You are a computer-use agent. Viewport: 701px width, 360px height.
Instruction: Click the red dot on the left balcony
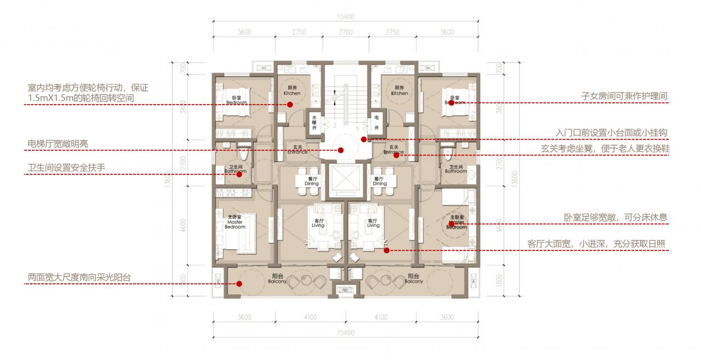click(x=239, y=283)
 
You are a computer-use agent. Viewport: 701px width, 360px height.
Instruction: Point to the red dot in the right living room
click(x=387, y=250)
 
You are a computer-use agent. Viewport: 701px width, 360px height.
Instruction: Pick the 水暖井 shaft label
click(x=315, y=122)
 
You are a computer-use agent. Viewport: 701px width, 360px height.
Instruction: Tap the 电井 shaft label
click(x=377, y=122)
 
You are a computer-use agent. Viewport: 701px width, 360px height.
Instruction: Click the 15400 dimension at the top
click(x=346, y=17)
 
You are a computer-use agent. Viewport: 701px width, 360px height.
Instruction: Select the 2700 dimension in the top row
click(x=346, y=32)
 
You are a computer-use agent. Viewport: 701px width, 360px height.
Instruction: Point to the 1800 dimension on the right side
click(x=498, y=283)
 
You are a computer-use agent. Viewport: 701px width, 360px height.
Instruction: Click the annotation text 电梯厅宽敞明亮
click(x=58, y=144)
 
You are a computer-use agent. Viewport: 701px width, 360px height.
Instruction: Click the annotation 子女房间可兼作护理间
click(x=624, y=96)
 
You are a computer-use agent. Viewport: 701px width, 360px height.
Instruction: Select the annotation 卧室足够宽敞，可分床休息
click(x=616, y=217)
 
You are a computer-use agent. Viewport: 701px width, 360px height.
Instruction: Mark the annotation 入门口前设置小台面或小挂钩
click(x=611, y=133)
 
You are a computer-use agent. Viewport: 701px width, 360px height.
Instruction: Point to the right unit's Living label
click(x=373, y=222)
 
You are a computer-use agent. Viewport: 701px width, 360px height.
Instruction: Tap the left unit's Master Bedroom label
click(x=234, y=221)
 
